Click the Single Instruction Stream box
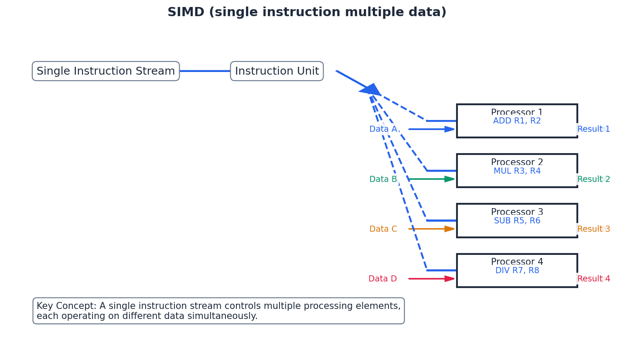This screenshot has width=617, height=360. pos(106,71)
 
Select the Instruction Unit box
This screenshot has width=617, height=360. pos(277,71)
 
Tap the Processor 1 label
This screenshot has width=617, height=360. pos(517,113)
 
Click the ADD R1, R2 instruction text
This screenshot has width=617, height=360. pos(517,121)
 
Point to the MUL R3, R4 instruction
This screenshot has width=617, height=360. pos(517,171)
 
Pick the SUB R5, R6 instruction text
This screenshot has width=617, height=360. pos(517,221)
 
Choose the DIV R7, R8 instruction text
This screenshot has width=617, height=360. pos(517,271)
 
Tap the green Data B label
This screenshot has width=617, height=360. pos(383,179)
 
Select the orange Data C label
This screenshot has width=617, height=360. pos(383,229)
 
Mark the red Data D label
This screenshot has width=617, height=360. pos(382,279)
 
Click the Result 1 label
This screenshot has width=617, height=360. pos(593,129)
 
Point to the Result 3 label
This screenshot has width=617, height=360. pos(593,229)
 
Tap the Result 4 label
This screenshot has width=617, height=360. pos(593,279)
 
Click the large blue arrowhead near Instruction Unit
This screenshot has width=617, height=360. pos(371,90)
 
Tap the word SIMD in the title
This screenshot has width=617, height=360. pos(186,12)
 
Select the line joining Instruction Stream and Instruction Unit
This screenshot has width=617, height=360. pos(205,71)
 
